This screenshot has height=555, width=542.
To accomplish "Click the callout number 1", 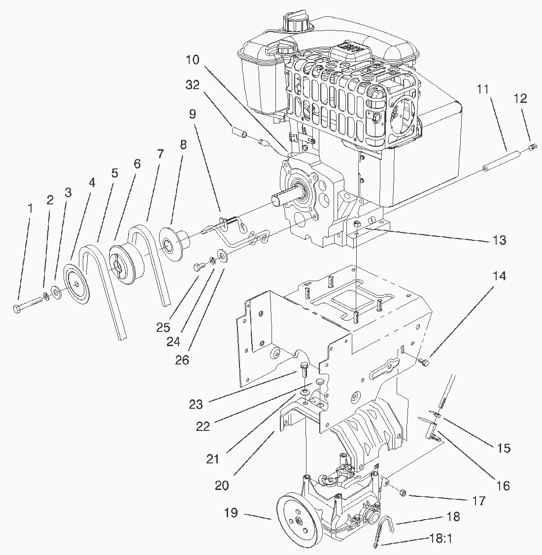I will (x=30, y=208).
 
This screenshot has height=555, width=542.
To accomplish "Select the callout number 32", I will (x=193, y=85).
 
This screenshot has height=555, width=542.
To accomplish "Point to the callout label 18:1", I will (x=441, y=538).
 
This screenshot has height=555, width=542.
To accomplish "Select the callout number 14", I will (x=499, y=276).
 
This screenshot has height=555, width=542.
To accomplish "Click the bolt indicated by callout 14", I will (x=425, y=362).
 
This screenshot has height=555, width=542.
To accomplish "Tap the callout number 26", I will (x=182, y=360).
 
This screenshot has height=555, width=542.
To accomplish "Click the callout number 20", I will (x=222, y=485).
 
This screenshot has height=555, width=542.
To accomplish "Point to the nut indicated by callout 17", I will (x=402, y=492).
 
